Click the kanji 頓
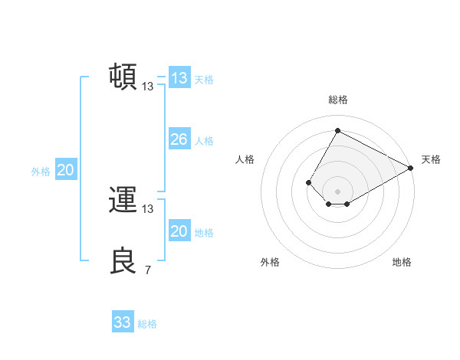tap(123, 77)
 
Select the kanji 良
tap(123, 260)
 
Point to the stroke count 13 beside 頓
tap(148, 87)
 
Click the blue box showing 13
tap(179, 78)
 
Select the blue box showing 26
tap(179, 139)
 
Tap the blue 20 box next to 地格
tap(179, 231)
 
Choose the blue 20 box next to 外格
tap(65, 170)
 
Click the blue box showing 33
tap(123, 322)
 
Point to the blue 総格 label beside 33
tap(147, 324)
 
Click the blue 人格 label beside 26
tap(204, 141)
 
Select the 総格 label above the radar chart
tap(337, 100)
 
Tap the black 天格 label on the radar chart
tap(431, 159)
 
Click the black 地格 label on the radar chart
tap(402, 262)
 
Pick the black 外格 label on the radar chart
tap(270, 262)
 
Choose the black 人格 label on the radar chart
tap(245, 159)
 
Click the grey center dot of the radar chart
tap(337, 191)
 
